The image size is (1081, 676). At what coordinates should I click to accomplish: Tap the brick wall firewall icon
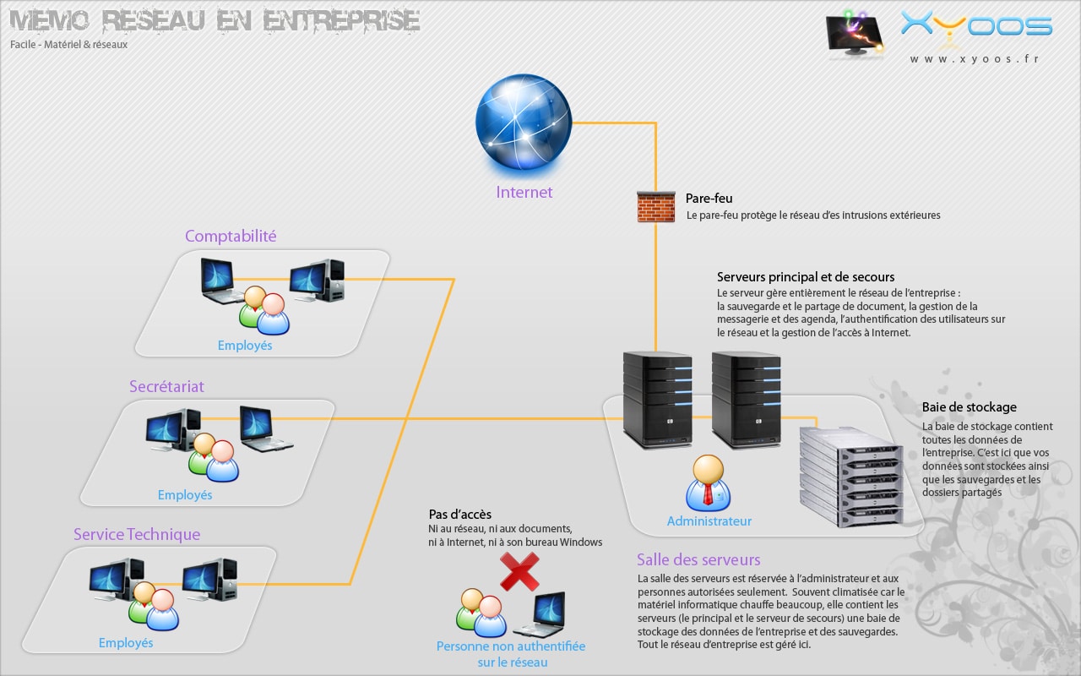pyautogui.click(x=655, y=207)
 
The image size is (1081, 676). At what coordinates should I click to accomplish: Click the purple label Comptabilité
pyautogui.click(x=231, y=237)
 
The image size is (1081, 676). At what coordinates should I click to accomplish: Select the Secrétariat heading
pyautogui.click(x=166, y=387)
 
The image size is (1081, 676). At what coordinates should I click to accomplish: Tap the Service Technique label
pyautogui.click(x=137, y=535)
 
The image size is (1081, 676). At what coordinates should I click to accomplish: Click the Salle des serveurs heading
pyautogui.click(x=698, y=560)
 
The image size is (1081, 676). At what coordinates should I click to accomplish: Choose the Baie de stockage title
pyautogui.click(x=969, y=407)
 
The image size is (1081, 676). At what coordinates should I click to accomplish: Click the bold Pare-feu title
pyautogui.click(x=709, y=199)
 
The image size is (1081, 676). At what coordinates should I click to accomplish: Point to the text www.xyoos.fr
pyautogui.click(x=974, y=59)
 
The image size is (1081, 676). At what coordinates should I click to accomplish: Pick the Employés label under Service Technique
pyautogui.click(x=126, y=643)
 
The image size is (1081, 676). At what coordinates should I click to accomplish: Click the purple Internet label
pyautogui.click(x=524, y=193)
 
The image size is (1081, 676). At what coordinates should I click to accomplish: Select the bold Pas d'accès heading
pyautogui.click(x=459, y=515)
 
